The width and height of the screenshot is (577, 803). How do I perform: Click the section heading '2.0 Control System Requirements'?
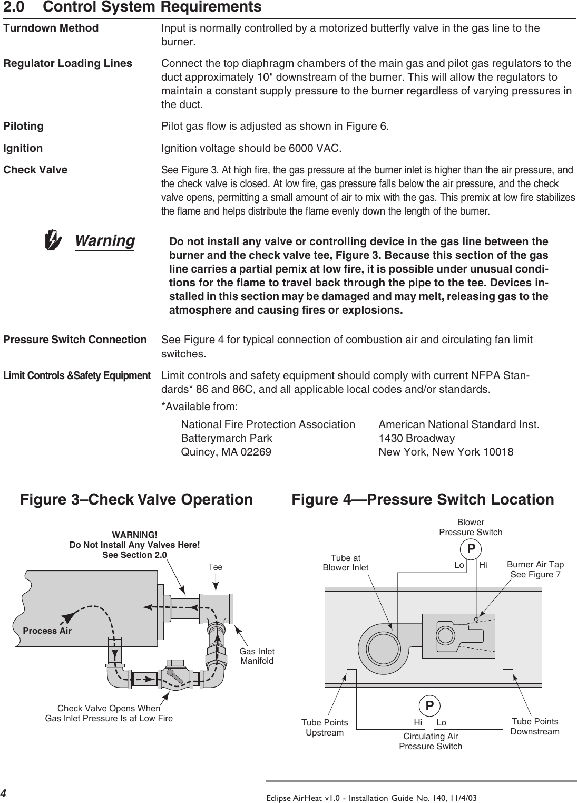coord(132,7)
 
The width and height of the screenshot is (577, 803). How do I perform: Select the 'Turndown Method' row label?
coord(51,28)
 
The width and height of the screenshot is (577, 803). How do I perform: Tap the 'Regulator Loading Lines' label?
coord(68,64)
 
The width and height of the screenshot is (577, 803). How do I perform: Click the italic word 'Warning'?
coord(105,240)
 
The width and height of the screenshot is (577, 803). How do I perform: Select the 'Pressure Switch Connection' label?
coord(75,340)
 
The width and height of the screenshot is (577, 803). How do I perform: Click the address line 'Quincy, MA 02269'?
coord(226,452)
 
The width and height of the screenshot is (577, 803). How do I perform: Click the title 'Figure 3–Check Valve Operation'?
coord(136,499)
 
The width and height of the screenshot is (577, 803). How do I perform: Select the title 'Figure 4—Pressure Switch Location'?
coord(423,499)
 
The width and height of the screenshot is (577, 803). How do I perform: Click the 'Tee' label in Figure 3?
coord(215,567)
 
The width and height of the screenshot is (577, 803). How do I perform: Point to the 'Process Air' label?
coord(47,631)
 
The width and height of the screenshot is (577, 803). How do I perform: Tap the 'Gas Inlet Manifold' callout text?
coord(257,656)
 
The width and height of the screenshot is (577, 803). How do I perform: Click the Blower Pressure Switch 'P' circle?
coord(471,549)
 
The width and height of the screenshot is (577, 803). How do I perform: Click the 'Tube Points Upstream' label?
coord(325,727)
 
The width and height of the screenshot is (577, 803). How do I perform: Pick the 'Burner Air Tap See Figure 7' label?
coord(535,569)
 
